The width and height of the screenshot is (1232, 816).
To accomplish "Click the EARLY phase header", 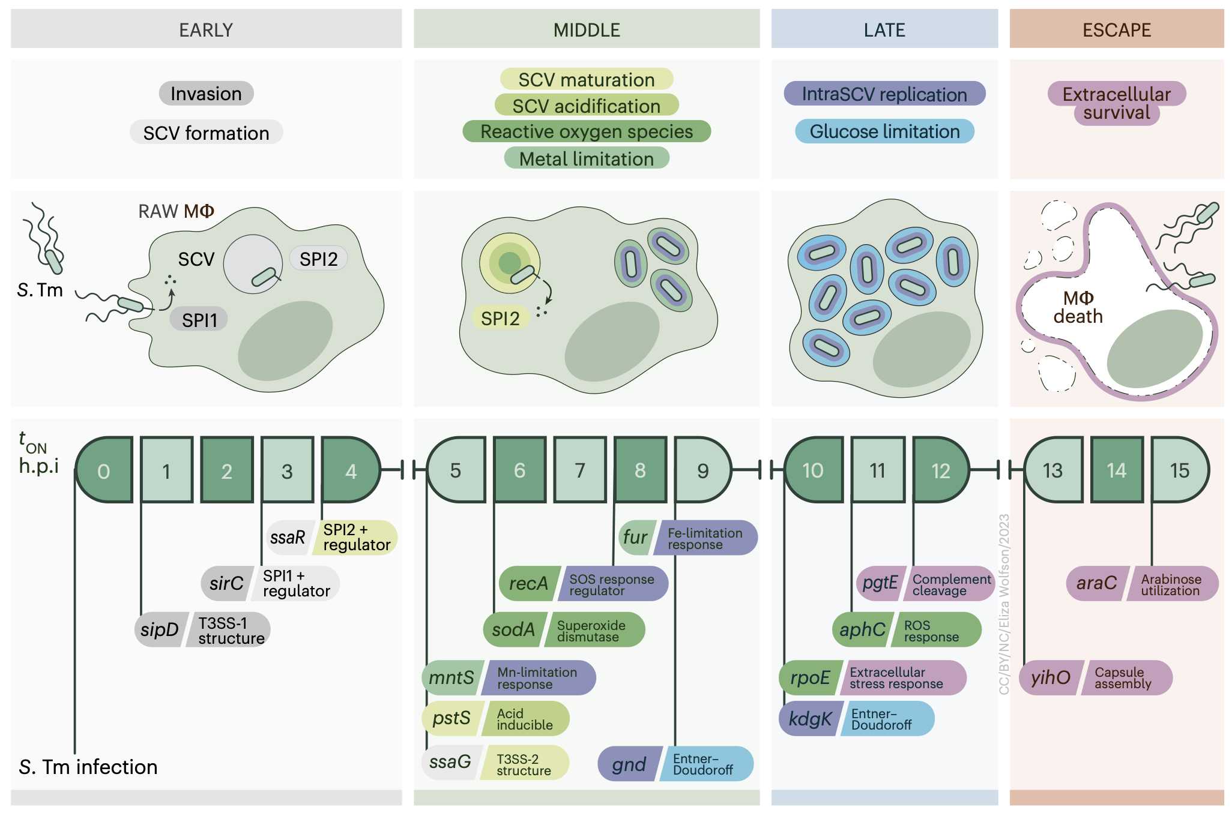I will point(206,29).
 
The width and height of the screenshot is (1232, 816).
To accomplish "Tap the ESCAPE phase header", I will point(1116,29).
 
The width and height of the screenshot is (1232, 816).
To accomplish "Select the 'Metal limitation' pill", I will point(587,159).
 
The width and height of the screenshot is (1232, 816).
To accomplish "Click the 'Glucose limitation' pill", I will point(884,131).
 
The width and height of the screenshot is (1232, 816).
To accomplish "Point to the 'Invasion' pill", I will point(206,94).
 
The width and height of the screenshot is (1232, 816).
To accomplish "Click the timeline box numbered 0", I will point(104,470).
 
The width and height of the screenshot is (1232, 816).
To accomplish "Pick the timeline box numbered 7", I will point(580,470).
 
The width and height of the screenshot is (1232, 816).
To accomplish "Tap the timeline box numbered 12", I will point(940,470).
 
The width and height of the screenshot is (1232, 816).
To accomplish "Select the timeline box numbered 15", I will point(1179,470).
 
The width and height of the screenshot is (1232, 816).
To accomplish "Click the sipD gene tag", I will point(160,629).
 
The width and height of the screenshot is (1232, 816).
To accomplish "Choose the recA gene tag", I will point(529,583).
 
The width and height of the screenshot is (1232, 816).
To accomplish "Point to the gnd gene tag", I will point(629,764).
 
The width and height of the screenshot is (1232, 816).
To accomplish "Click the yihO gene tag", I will point(1051,677).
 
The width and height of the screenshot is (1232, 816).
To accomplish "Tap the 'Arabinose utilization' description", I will point(1171,584).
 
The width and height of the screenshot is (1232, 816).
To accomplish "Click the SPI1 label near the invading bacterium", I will point(199,320).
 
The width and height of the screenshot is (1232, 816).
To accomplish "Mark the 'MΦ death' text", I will point(1078,307).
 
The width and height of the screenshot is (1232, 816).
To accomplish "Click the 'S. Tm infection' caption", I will point(88,767).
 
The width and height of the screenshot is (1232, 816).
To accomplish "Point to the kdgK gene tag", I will point(810,718).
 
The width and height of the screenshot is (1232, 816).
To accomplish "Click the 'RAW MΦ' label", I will point(176,211).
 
